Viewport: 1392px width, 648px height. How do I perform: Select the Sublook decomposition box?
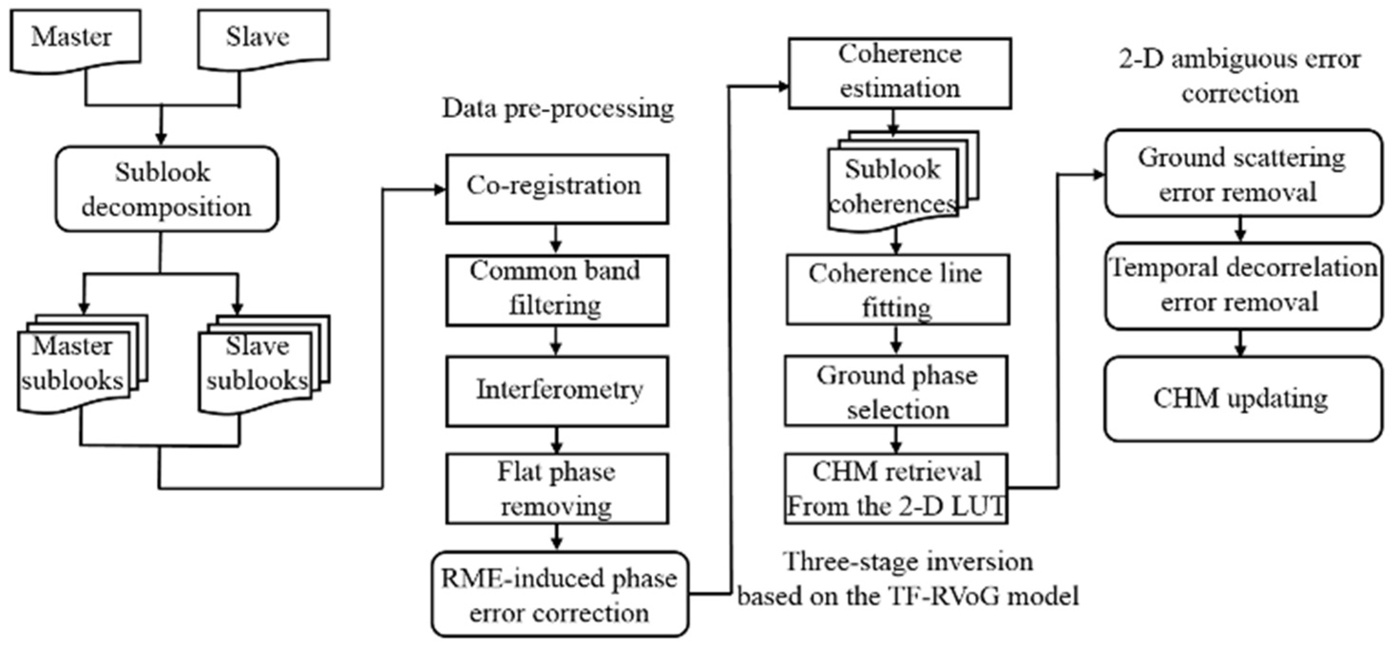pyautogui.click(x=166, y=189)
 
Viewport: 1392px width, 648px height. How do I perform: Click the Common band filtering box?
pyautogui.click(x=557, y=290)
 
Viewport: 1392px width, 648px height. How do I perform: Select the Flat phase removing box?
pyautogui.click(x=557, y=488)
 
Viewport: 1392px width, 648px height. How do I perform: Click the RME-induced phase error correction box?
pyautogui.click(x=559, y=593)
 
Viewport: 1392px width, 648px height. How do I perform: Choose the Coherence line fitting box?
pyautogui.click(x=897, y=290)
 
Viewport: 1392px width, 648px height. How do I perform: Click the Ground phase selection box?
pyautogui.click(x=896, y=390)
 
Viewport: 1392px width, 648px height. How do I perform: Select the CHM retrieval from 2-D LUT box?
pyautogui.click(x=896, y=488)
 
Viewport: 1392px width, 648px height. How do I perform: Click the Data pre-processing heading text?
pyautogui.click(x=558, y=109)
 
